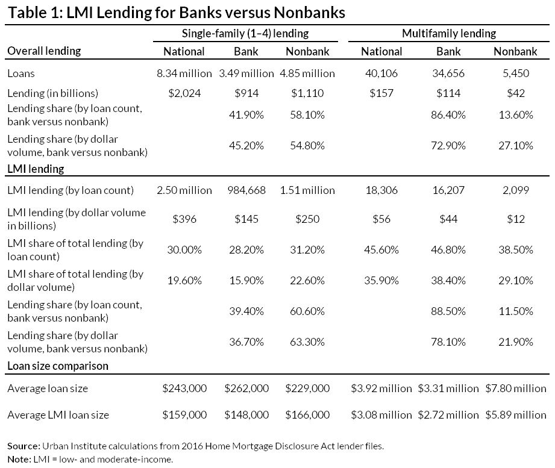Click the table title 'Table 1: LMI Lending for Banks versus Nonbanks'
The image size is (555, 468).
click(175, 13)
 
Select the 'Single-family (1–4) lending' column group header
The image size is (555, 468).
click(245, 34)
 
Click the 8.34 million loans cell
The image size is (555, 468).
click(184, 73)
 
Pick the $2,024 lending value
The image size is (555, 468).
click(184, 93)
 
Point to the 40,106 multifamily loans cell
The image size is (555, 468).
click(381, 73)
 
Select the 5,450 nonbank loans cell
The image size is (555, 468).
click(515, 73)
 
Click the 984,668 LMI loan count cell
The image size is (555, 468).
click(245, 190)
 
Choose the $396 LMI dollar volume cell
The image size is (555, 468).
click(184, 219)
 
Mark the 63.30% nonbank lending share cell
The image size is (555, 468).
click(307, 342)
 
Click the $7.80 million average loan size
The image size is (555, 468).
click(515, 388)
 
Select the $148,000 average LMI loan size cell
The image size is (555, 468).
click(245, 415)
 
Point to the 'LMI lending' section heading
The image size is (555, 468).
click(36, 169)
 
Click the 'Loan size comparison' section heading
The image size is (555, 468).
click(58, 366)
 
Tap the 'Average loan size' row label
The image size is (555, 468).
click(48, 388)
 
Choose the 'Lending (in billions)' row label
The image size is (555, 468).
click(52, 93)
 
